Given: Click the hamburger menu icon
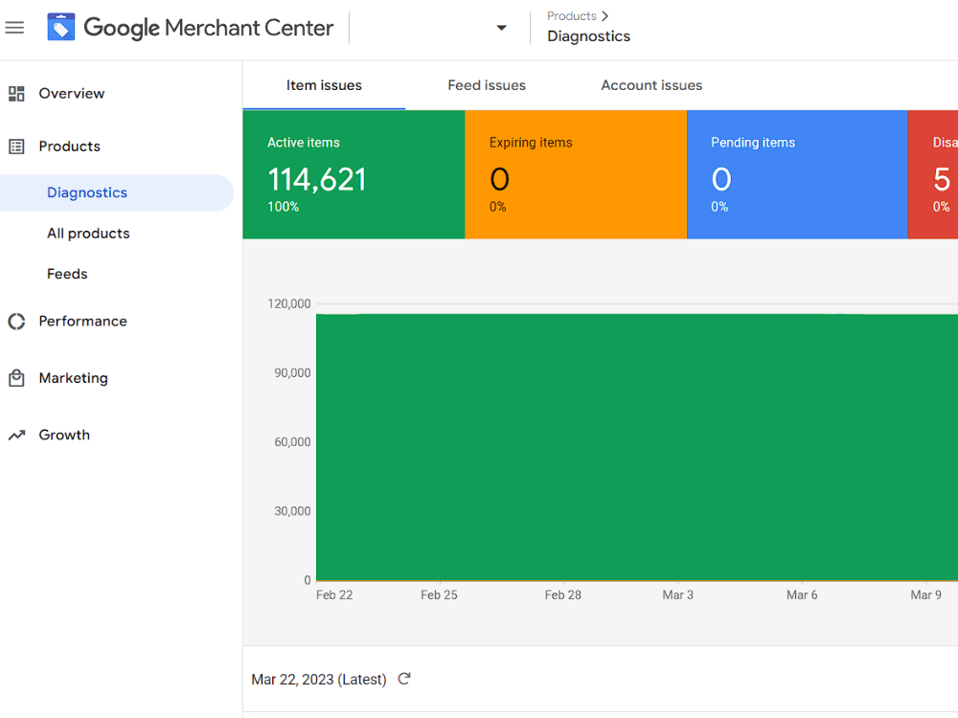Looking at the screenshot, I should click(x=14, y=28).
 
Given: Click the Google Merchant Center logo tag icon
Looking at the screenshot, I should click(x=61, y=28).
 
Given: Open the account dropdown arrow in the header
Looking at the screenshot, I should click(x=501, y=28).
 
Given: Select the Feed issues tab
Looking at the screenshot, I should click(x=487, y=85).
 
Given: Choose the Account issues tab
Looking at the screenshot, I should click(x=651, y=85).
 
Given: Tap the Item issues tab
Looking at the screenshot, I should click(x=324, y=85).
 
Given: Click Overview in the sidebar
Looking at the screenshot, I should click(x=72, y=94).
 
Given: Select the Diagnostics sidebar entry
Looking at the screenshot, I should click(x=87, y=192).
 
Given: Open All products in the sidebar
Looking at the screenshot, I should click(x=88, y=234).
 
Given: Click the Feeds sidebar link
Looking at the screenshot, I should click(x=67, y=274).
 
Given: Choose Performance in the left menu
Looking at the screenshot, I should click(x=82, y=322).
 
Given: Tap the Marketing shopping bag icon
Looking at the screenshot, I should click(x=16, y=378).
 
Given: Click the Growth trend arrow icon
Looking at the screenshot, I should click(x=16, y=436).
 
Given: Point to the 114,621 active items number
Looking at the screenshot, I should click(x=316, y=180).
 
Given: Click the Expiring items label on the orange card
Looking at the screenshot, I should click(x=531, y=143).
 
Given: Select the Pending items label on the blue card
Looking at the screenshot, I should click(x=753, y=143).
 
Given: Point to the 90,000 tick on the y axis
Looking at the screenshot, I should click(x=292, y=373).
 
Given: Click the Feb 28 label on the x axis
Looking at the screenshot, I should click(x=563, y=595).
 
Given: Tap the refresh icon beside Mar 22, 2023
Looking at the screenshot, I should click(x=404, y=679).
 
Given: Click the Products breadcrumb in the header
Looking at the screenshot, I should click(x=572, y=16).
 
